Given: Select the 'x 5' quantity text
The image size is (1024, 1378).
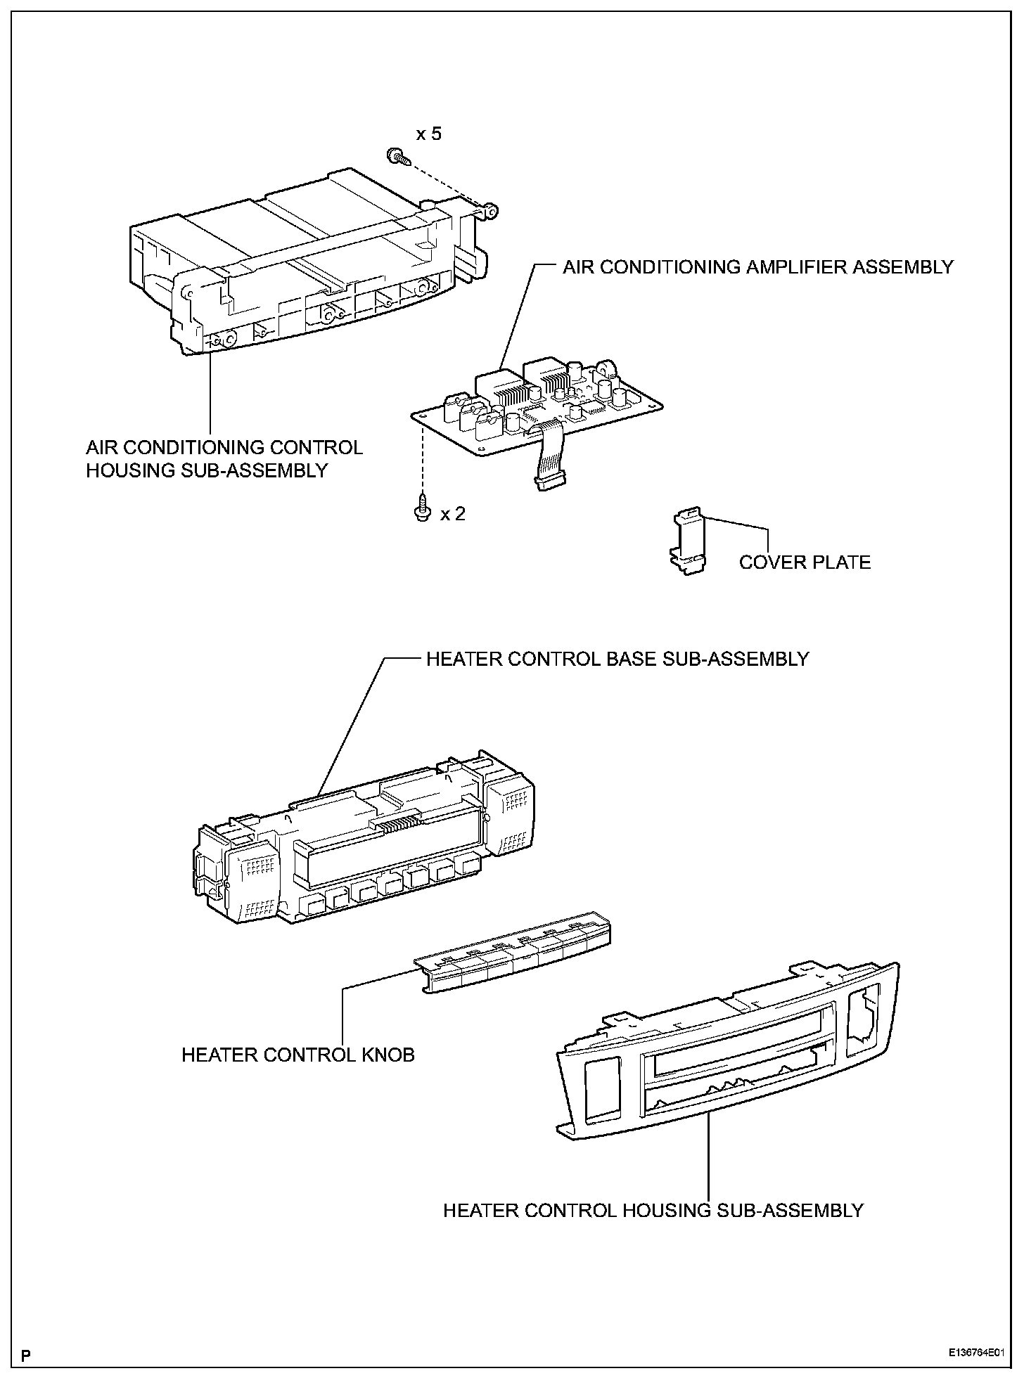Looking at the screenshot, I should (x=428, y=134).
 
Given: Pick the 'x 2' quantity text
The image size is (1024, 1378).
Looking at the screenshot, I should (x=453, y=514).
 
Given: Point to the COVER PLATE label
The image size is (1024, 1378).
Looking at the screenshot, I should (x=805, y=562).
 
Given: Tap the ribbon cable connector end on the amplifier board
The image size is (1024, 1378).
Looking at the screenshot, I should (x=549, y=482).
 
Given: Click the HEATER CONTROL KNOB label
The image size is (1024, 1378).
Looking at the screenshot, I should (x=298, y=1055).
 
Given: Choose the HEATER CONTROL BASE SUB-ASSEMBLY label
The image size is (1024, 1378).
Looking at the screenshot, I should (x=617, y=659).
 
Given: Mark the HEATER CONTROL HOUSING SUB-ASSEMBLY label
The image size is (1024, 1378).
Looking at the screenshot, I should (x=653, y=1211).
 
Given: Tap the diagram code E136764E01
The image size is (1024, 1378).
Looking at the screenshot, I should (x=980, y=1353).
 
